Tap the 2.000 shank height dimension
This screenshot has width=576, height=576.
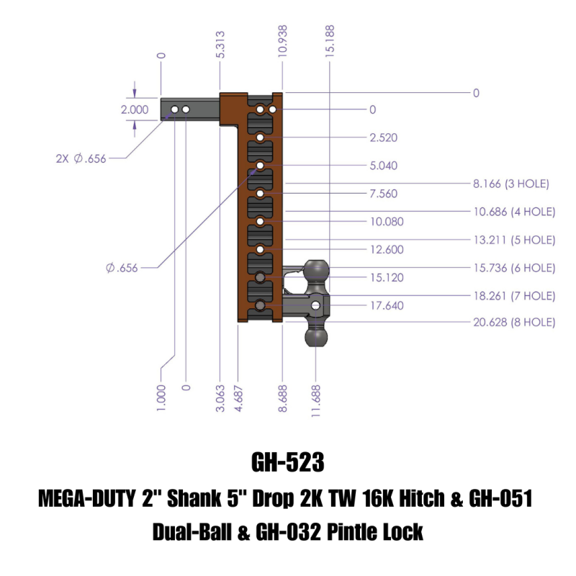pos(135,110)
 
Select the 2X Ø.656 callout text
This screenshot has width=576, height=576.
pos(81,159)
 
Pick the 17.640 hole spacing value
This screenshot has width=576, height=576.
pos(387,305)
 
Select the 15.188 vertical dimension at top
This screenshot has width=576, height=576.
pos(330,40)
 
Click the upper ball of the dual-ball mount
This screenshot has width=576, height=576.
pos(317,271)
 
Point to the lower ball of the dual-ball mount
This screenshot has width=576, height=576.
pos(317,336)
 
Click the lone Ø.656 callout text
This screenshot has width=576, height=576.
pos(121,269)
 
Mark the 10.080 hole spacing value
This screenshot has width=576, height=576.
pos(387,222)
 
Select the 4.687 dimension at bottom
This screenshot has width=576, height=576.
pos(238,397)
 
